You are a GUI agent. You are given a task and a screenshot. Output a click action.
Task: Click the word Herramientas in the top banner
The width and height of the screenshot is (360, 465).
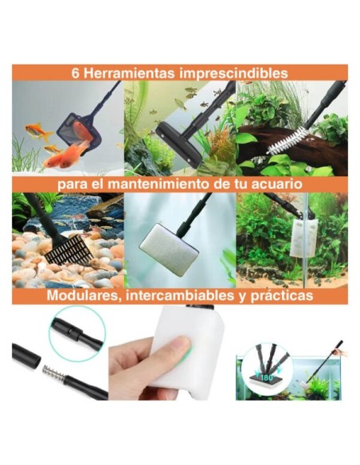click(120, 73)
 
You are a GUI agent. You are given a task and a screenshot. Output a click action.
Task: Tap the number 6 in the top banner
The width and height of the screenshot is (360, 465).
click(75, 73)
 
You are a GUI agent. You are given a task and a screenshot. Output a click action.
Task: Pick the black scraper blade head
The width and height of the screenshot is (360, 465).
click(172, 130)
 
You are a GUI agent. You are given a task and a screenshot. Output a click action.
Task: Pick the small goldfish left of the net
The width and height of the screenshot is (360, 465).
click(34, 130)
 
